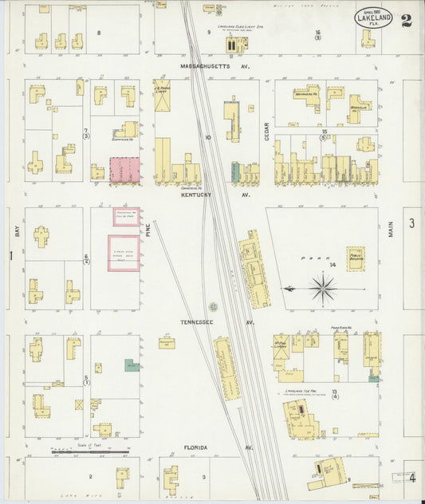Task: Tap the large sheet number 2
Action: click(x=407, y=21)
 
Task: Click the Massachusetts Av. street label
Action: click(x=214, y=66)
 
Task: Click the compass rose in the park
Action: click(x=322, y=288)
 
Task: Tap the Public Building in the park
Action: click(x=356, y=258)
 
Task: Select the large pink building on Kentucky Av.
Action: click(x=124, y=170)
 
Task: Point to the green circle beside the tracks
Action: click(x=213, y=306)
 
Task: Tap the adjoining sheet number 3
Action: click(x=412, y=222)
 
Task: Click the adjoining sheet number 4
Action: click(x=412, y=478)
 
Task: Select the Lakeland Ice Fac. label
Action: click(x=301, y=392)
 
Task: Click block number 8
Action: click(x=98, y=32)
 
